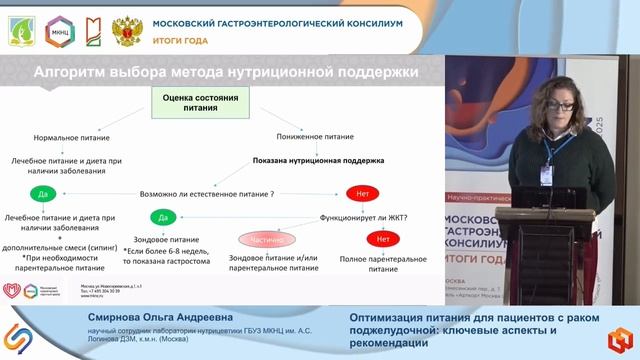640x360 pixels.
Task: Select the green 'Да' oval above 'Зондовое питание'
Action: point(164,216)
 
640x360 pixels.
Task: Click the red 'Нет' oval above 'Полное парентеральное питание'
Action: point(382,240)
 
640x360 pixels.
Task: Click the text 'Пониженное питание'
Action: point(318,136)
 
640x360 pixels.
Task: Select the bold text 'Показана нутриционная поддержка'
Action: point(318,159)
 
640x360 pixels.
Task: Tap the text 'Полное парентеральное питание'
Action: point(382,262)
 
